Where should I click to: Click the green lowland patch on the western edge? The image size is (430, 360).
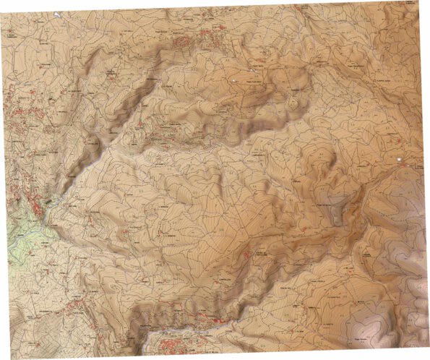click(x=22, y=239)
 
